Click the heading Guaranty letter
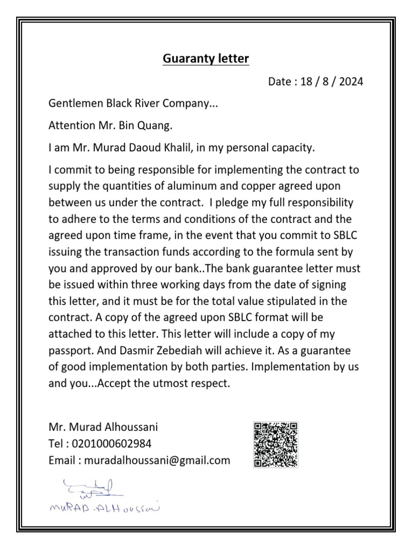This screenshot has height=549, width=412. tap(206, 58)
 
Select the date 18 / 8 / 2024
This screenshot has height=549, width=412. tap(332, 82)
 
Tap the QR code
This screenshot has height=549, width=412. tap(275, 444)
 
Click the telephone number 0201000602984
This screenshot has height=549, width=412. tap(111, 444)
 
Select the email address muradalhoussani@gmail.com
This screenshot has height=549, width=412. tap(156, 460)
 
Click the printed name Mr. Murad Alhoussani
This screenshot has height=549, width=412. tap(103, 427)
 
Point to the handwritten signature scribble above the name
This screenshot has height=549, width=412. tap(91, 488)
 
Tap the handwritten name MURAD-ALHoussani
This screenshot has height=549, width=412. tap(104, 508)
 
